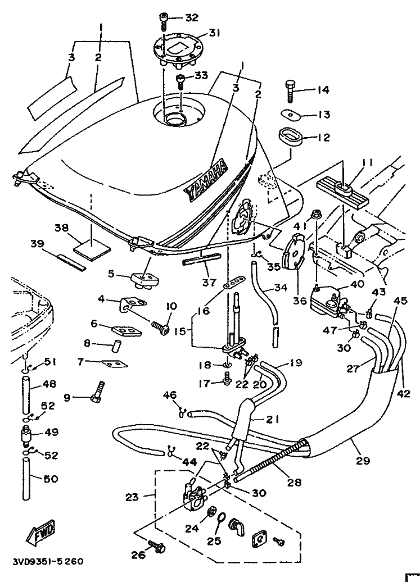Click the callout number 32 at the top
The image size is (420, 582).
[x=191, y=17]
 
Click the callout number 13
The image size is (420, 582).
[x=323, y=115]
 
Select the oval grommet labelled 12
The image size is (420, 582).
[x=290, y=137]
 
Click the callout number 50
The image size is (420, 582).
[x=50, y=479]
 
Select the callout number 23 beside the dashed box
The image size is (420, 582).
[x=132, y=497]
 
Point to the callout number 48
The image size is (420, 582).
[x=50, y=385]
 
